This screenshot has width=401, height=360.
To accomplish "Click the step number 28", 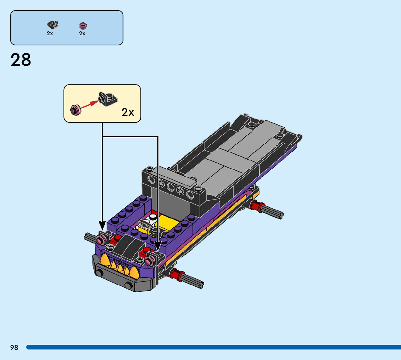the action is (x=21, y=60).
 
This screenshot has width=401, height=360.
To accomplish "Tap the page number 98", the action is (x=15, y=347).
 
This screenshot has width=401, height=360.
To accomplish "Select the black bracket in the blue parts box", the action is (x=53, y=25).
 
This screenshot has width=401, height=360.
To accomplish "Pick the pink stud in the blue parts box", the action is (x=83, y=26).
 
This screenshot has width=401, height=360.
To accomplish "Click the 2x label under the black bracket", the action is (x=50, y=33).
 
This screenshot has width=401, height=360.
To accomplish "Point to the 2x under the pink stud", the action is (x=82, y=33).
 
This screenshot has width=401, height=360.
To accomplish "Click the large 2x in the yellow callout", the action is (x=128, y=112).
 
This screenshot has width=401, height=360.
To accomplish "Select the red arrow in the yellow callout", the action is (x=90, y=105).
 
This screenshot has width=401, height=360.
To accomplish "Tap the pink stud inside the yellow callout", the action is (x=75, y=110).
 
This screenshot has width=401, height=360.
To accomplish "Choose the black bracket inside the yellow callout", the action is (x=108, y=99).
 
